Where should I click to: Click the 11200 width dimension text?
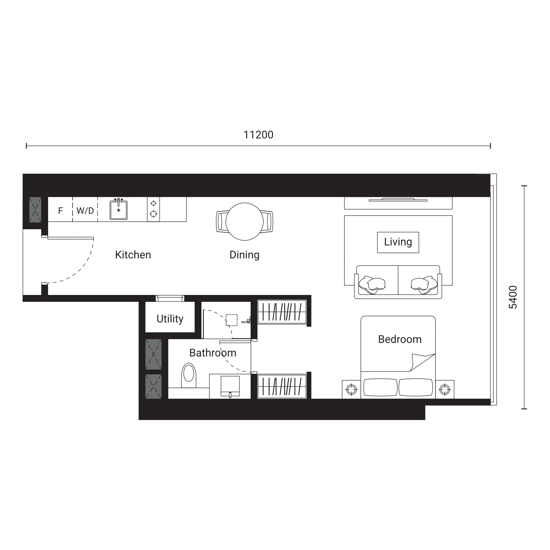(x=258, y=135)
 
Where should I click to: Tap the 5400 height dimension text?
(x=513, y=297)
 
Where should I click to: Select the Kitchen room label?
(x=133, y=255)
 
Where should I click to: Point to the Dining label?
(x=244, y=255)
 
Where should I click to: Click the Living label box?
(x=398, y=242)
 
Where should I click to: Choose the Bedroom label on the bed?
(x=400, y=339)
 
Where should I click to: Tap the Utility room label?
(x=170, y=319)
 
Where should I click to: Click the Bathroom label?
(x=213, y=353)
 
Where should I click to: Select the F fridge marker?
(x=60, y=211)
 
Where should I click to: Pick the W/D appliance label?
(x=85, y=210)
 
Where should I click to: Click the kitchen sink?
(x=119, y=209)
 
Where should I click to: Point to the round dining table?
(x=245, y=222)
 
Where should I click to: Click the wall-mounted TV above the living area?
(x=398, y=200)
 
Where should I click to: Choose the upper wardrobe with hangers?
(x=282, y=312)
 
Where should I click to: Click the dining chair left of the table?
(x=222, y=222)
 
